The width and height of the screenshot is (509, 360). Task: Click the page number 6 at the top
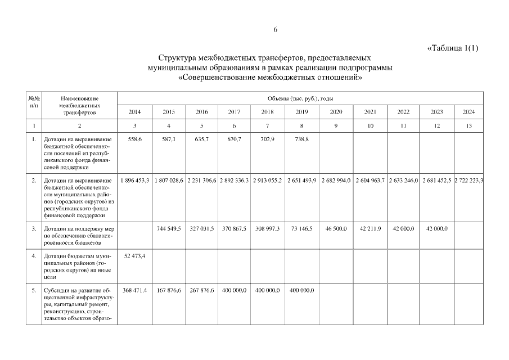click(276, 29)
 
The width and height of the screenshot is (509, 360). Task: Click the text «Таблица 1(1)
click(453, 48)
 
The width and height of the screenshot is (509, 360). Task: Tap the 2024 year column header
click(469, 112)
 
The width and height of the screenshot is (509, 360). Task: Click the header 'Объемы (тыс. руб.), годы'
click(300, 98)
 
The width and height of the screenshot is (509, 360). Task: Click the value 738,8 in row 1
click(300, 138)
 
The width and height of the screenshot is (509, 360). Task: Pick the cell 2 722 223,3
click(469, 180)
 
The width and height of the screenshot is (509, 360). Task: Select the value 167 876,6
click(168, 290)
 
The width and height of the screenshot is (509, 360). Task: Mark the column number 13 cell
click(469, 126)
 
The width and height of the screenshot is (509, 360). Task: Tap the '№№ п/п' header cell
click(34, 102)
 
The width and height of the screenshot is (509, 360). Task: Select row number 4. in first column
click(34, 256)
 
